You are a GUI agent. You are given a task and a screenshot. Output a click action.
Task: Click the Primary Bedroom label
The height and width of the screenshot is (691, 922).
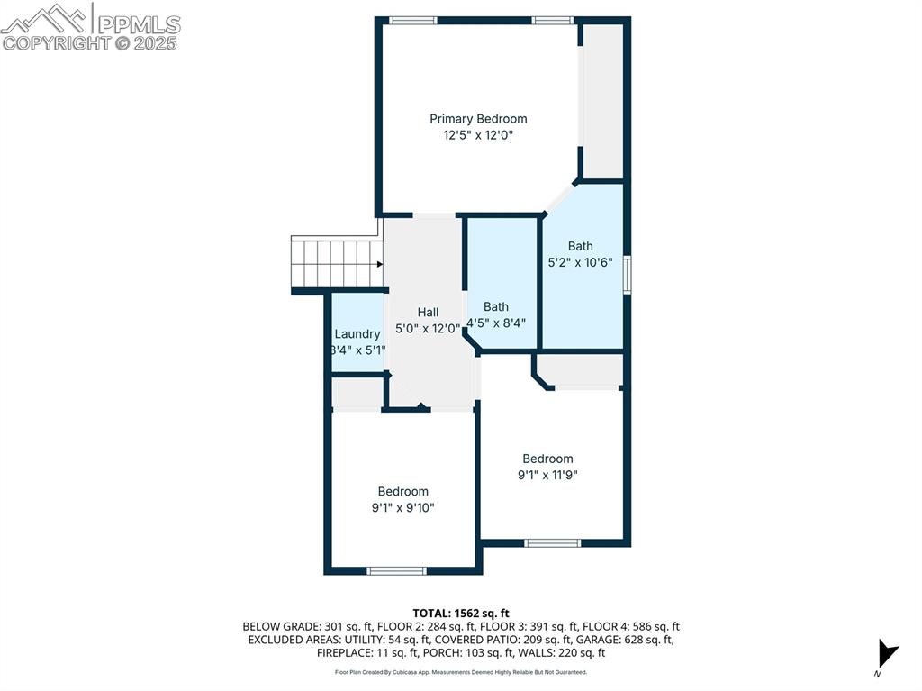pos(478,119)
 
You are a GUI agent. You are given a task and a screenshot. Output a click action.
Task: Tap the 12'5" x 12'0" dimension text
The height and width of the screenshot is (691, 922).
pos(478,135)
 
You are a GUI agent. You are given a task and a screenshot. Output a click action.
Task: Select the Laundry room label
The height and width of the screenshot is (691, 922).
pos(357,333)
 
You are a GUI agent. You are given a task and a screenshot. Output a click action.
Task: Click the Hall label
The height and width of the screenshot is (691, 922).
pos(428,312)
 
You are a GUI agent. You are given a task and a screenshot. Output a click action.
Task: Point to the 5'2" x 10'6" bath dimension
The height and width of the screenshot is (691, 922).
pos(581,262)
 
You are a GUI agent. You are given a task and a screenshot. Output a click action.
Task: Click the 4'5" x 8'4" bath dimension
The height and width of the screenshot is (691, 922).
pos(496,323)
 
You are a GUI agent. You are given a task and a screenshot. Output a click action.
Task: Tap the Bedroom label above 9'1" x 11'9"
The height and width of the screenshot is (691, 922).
pos(547,459)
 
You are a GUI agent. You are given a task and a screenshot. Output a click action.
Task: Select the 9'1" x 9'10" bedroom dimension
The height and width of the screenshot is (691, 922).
pos(403,507)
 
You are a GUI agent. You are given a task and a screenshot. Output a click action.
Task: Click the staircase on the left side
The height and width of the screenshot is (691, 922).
pos(335,264)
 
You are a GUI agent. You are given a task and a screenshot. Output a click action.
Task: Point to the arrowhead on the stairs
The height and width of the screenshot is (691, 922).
pos(379,264)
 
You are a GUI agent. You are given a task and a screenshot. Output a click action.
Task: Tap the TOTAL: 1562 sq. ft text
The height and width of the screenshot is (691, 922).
pos(461,613)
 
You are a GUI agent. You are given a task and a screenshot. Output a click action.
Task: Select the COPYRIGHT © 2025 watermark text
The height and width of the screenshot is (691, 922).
pos(90,42)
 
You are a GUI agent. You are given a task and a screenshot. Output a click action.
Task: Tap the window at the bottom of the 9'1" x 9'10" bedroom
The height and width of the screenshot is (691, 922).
pos(397,570)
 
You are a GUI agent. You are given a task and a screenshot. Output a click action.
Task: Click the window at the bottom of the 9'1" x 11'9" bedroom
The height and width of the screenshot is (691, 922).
pos(553,542)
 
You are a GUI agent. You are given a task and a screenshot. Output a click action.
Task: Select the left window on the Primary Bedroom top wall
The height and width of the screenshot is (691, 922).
pos(413,20)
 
